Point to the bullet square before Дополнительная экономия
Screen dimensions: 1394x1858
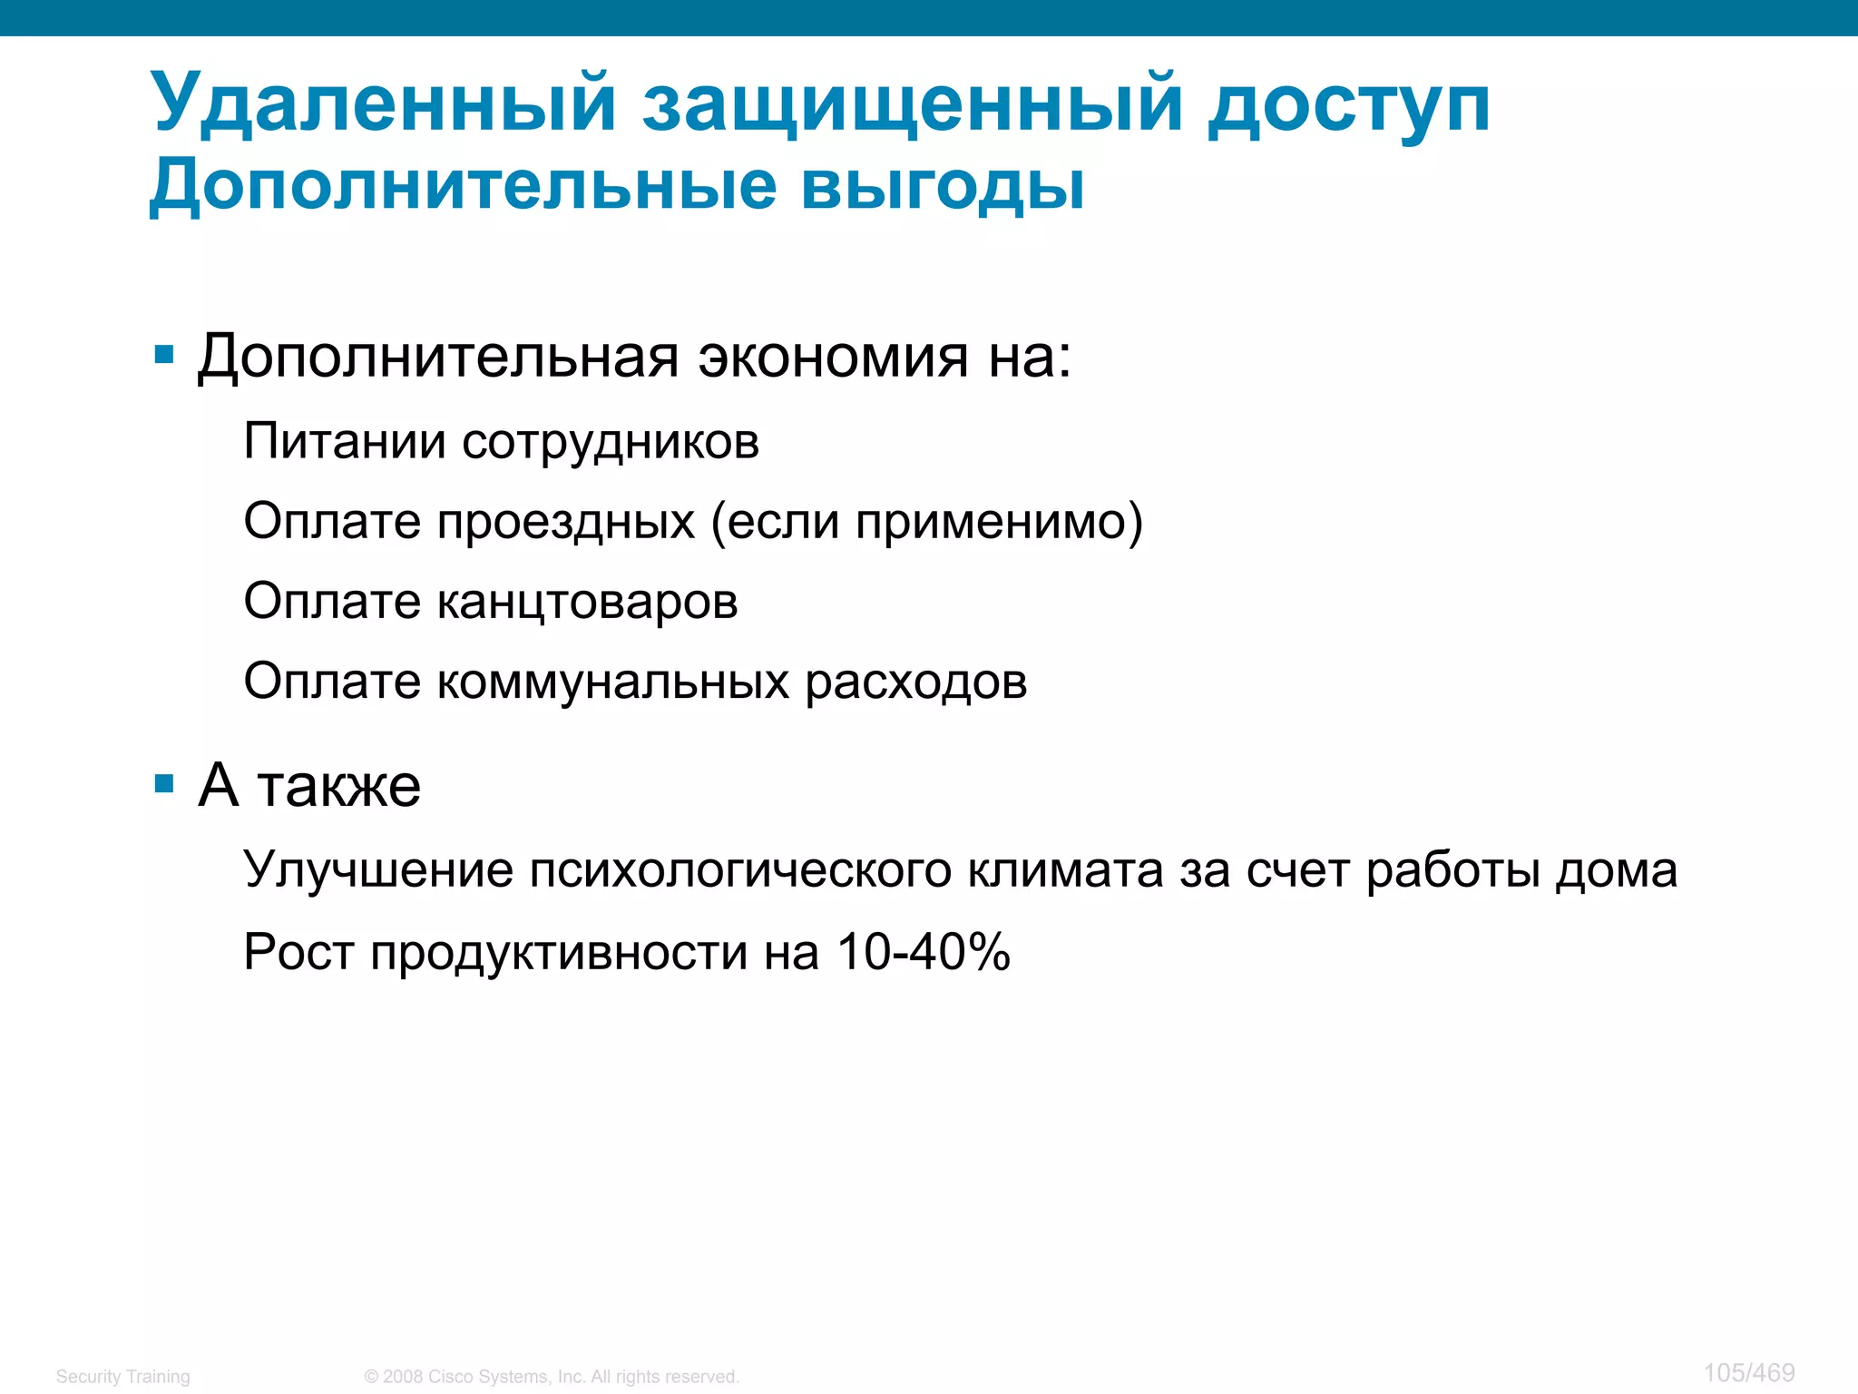tap(164, 354)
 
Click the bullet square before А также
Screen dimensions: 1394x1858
tap(164, 783)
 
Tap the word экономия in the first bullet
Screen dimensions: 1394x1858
tap(833, 356)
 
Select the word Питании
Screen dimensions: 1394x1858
tap(345, 441)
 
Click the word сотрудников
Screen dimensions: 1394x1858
tap(611, 443)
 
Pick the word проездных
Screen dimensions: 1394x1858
tap(566, 522)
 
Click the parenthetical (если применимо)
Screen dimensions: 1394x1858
tap(926, 522)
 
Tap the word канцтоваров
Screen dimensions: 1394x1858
tap(587, 601)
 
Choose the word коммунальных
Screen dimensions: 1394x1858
tap(612, 682)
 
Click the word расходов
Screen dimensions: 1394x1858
tap(916, 682)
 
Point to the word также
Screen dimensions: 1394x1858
tap(339, 786)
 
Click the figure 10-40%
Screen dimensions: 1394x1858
tap(923, 952)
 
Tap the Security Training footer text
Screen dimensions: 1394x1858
tap(123, 1376)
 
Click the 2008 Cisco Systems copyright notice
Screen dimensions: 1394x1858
tap(552, 1376)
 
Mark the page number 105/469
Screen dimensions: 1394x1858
tap(1748, 1372)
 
